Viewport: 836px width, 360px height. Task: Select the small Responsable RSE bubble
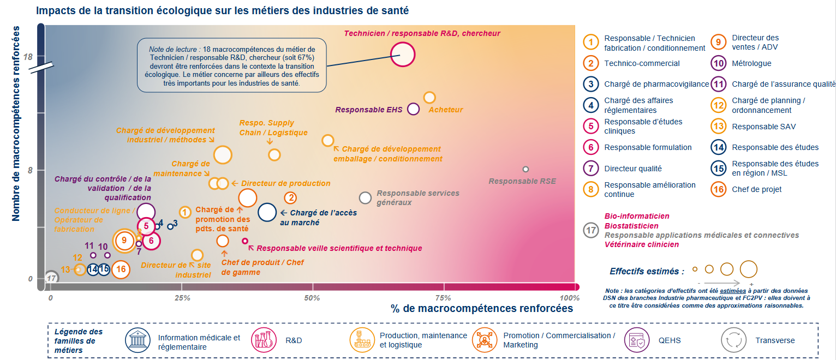click(526, 169)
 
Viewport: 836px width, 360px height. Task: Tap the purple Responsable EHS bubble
click(413, 109)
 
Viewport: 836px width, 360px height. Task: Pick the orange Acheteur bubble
click(429, 98)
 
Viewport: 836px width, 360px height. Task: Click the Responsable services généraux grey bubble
click(365, 198)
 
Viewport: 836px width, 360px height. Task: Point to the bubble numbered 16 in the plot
click(121, 269)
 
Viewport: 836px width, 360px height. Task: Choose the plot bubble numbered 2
click(291, 198)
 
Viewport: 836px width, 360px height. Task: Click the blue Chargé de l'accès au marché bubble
click(267, 212)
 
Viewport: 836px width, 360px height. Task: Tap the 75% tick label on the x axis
click(443, 298)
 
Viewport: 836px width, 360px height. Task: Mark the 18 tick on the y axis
click(28, 57)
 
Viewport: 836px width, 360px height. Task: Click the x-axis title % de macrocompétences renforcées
click(482, 309)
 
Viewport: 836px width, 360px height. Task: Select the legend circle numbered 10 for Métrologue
click(719, 63)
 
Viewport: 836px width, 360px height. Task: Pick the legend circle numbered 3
click(591, 84)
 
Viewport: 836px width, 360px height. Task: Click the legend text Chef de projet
click(757, 189)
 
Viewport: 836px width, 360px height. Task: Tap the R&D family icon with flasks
click(262, 340)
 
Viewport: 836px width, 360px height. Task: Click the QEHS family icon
click(637, 340)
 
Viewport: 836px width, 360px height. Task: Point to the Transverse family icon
click(733, 340)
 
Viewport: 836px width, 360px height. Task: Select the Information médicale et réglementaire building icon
click(138, 340)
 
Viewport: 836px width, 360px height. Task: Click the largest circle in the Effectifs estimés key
click(748, 269)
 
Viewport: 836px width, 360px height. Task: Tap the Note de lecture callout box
click(231, 65)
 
